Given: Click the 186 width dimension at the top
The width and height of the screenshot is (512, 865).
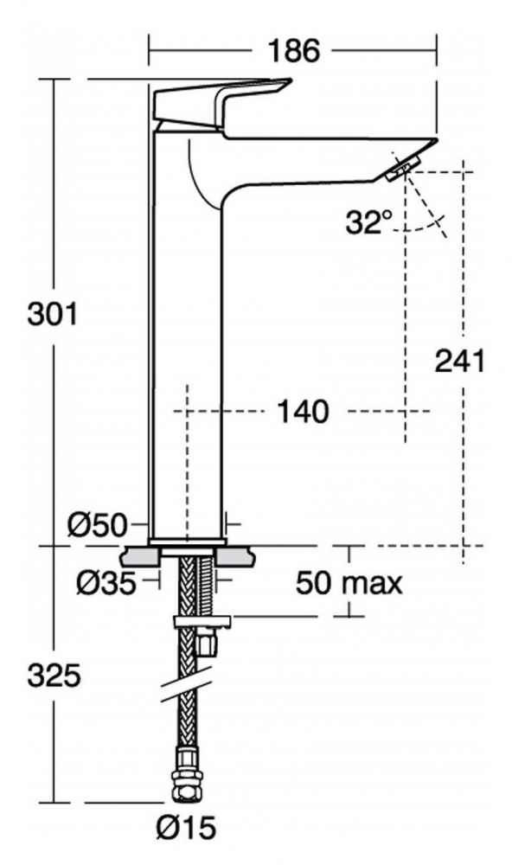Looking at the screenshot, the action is [x=293, y=51].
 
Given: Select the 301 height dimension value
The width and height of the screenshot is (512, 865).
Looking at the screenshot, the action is [x=53, y=315].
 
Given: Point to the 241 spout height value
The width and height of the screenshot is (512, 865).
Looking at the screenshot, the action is [x=459, y=362].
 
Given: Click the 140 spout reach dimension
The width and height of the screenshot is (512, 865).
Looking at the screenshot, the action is [x=303, y=412].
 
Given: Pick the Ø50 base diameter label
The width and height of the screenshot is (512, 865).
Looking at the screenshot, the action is [x=98, y=525].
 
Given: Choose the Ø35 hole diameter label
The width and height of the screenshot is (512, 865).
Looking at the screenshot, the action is [x=106, y=583].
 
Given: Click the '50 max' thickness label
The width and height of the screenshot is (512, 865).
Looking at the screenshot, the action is [x=349, y=582].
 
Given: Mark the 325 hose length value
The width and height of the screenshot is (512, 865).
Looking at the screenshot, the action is [x=54, y=676].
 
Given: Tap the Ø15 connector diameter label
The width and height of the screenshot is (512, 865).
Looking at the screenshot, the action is [x=186, y=829].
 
